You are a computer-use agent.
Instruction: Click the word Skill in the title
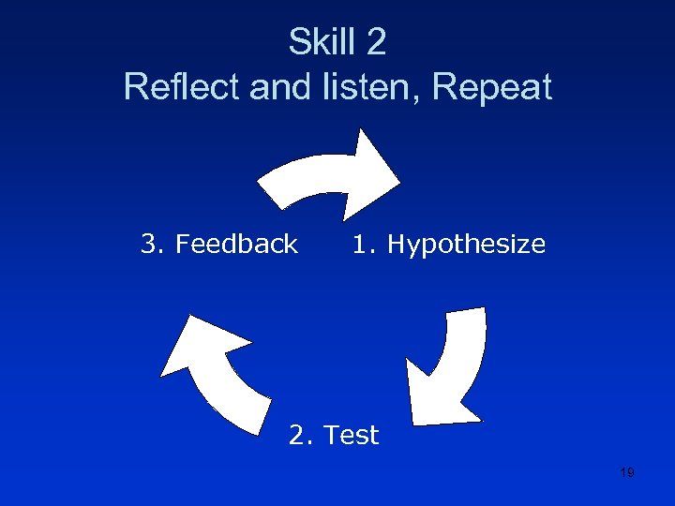coord(319,42)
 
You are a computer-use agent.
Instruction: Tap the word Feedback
coord(236,245)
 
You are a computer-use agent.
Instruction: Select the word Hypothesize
coord(466,245)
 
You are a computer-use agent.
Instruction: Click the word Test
coord(352,435)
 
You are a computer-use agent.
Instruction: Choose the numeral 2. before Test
coord(302,435)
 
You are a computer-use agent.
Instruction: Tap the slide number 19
coord(627,472)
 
